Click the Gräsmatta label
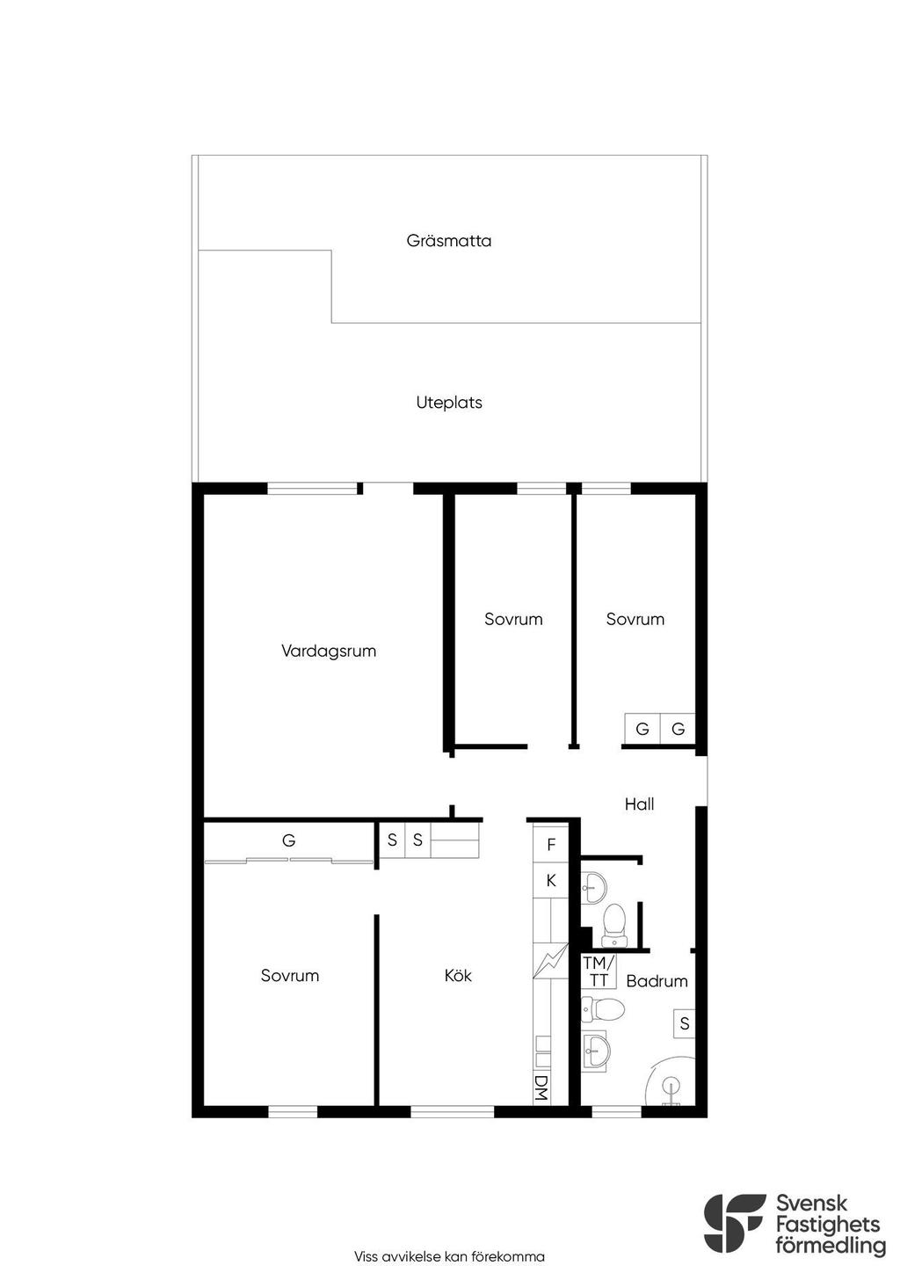pos(449,241)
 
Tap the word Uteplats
pos(449,403)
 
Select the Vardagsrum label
pos(329,651)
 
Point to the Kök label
pos(458,976)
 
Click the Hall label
pos(639,804)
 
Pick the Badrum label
pos(657,981)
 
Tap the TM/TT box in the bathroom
pos(598,971)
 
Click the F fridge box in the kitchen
pos(550,845)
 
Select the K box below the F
pos(550,881)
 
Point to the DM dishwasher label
pos(541,1088)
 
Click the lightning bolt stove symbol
pos(550,960)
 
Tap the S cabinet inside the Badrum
pos(684,1023)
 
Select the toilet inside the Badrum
pos(603,1009)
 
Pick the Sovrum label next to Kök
pos(290,976)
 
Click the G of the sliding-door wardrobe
pos(288,840)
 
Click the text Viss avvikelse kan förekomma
pos(449,1256)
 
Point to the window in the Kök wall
pos(452,1111)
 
